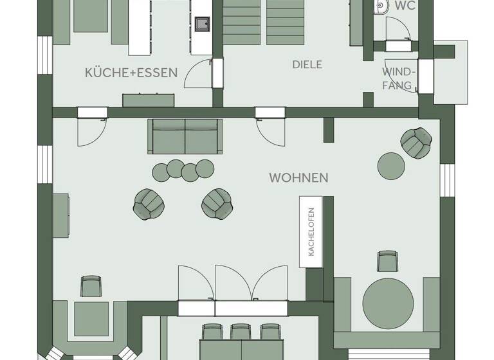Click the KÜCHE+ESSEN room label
(131, 73)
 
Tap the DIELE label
(307, 65)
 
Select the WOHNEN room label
(298, 177)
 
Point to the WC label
(405, 6)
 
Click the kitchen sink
(203, 24)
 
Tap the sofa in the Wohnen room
(185, 136)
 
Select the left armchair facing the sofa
(149, 204)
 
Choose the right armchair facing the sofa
(217, 203)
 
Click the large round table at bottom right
(388, 303)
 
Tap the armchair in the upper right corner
(417, 141)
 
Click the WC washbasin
(381, 6)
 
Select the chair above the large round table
(387, 260)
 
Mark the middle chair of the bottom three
(240, 332)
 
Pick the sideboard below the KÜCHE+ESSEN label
(149, 100)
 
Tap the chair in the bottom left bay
(91, 285)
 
